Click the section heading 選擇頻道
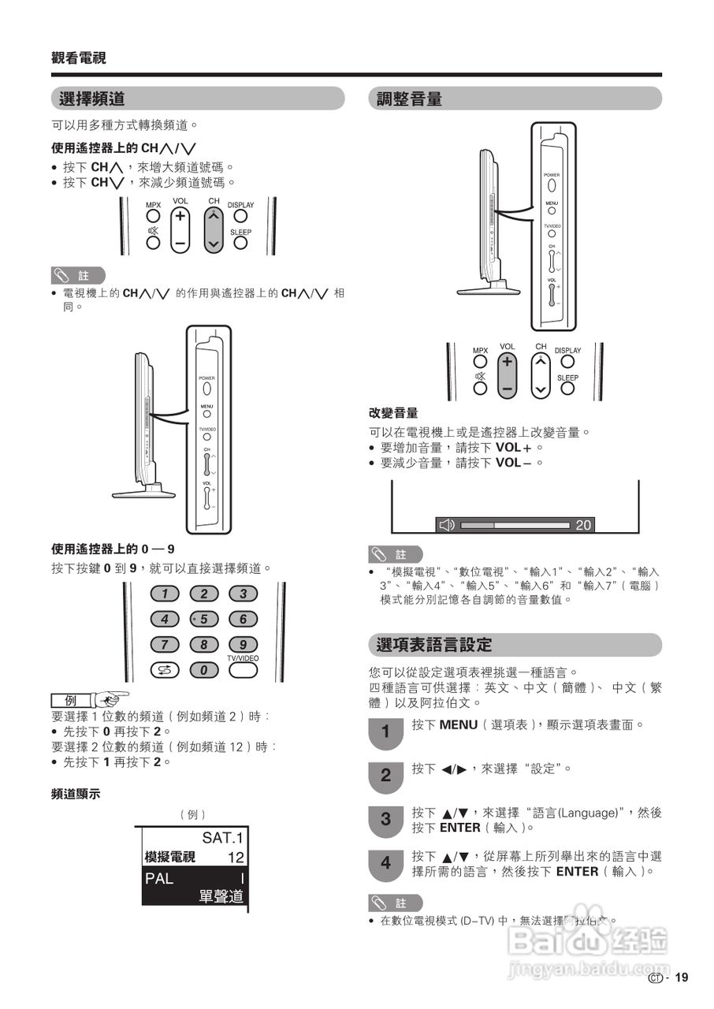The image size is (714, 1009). click(92, 99)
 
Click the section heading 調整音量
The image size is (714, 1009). click(409, 99)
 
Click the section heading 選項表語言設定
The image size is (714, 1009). click(434, 645)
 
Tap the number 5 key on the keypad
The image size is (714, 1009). click(203, 620)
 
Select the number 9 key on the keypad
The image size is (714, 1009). click(243, 645)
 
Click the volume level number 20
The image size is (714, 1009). click(583, 525)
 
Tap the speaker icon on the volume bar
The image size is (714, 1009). click(447, 525)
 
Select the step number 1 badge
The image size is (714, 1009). click(385, 732)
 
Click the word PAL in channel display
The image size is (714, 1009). click(159, 878)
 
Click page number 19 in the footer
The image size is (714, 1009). click(682, 978)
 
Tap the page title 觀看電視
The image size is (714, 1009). click(79, 58)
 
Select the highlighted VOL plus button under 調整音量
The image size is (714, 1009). click(508, 362)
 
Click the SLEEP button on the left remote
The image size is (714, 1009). click(240, 243)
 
